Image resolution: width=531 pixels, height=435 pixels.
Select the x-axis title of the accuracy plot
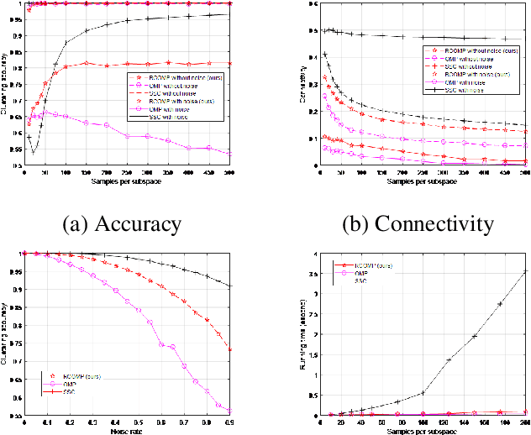click(126, 182)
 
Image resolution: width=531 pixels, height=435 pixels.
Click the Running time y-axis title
click(300, 333)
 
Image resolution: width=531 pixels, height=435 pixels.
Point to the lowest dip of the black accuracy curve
click(33, 152)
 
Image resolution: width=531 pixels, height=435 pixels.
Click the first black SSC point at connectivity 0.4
click(324, 55)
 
